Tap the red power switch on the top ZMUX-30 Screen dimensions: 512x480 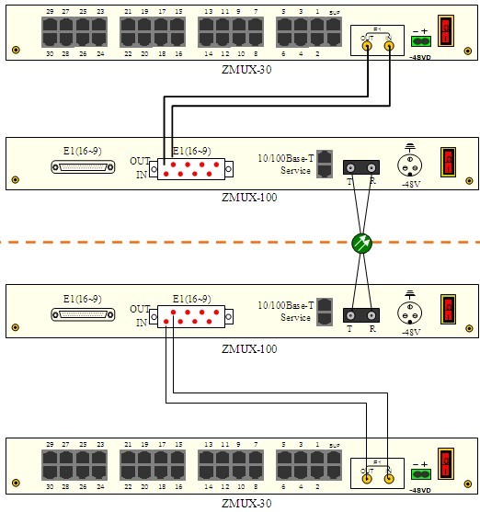click(x=447, y=30)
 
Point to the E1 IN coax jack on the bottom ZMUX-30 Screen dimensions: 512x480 click(x=389, y=475)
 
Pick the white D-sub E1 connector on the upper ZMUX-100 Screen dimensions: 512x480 click(x=84, y=167)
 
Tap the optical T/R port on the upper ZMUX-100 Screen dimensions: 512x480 click(x=361, y=167)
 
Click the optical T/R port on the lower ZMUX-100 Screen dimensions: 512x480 click(x=361, y=315)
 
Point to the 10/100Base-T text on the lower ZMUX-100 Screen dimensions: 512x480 click(x=285, y=304)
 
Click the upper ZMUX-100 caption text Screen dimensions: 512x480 click(x=249, y=197)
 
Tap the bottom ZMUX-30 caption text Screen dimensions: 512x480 click(x=247, y=503)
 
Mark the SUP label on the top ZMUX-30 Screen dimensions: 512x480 click(x=334, y=12)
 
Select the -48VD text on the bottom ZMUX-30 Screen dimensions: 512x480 click(x=422, y=490)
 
